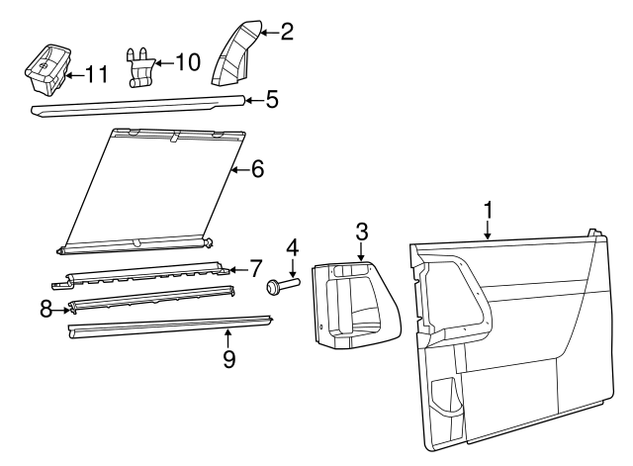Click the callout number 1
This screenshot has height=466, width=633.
click(x=489, y=211)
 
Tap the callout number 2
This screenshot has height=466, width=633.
click(x=287, y=32)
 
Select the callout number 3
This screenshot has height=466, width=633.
click(x=362, y=233)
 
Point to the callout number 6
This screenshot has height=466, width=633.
click(x=257, y=169)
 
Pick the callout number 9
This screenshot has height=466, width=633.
click(x=228, y=358)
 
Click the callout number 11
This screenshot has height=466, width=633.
click(x=97, y=75)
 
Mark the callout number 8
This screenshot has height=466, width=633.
click(x=46, y=310)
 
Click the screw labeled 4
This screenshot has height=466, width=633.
click(x=283, y=285)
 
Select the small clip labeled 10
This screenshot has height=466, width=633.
click(x=139, y=67)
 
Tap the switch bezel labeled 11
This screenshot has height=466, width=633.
click(x=47, y=69)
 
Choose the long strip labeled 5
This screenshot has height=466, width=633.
click(x=138, y=106)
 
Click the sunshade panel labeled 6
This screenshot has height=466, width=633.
click(x=150, y=191)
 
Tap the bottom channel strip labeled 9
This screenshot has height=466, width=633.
click(x=169, y=326)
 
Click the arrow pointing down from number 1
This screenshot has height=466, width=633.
click(x=488, y=230)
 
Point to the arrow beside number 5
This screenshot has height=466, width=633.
click(x=255, y=100)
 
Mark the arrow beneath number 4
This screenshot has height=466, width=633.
click(x=294, y=267)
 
